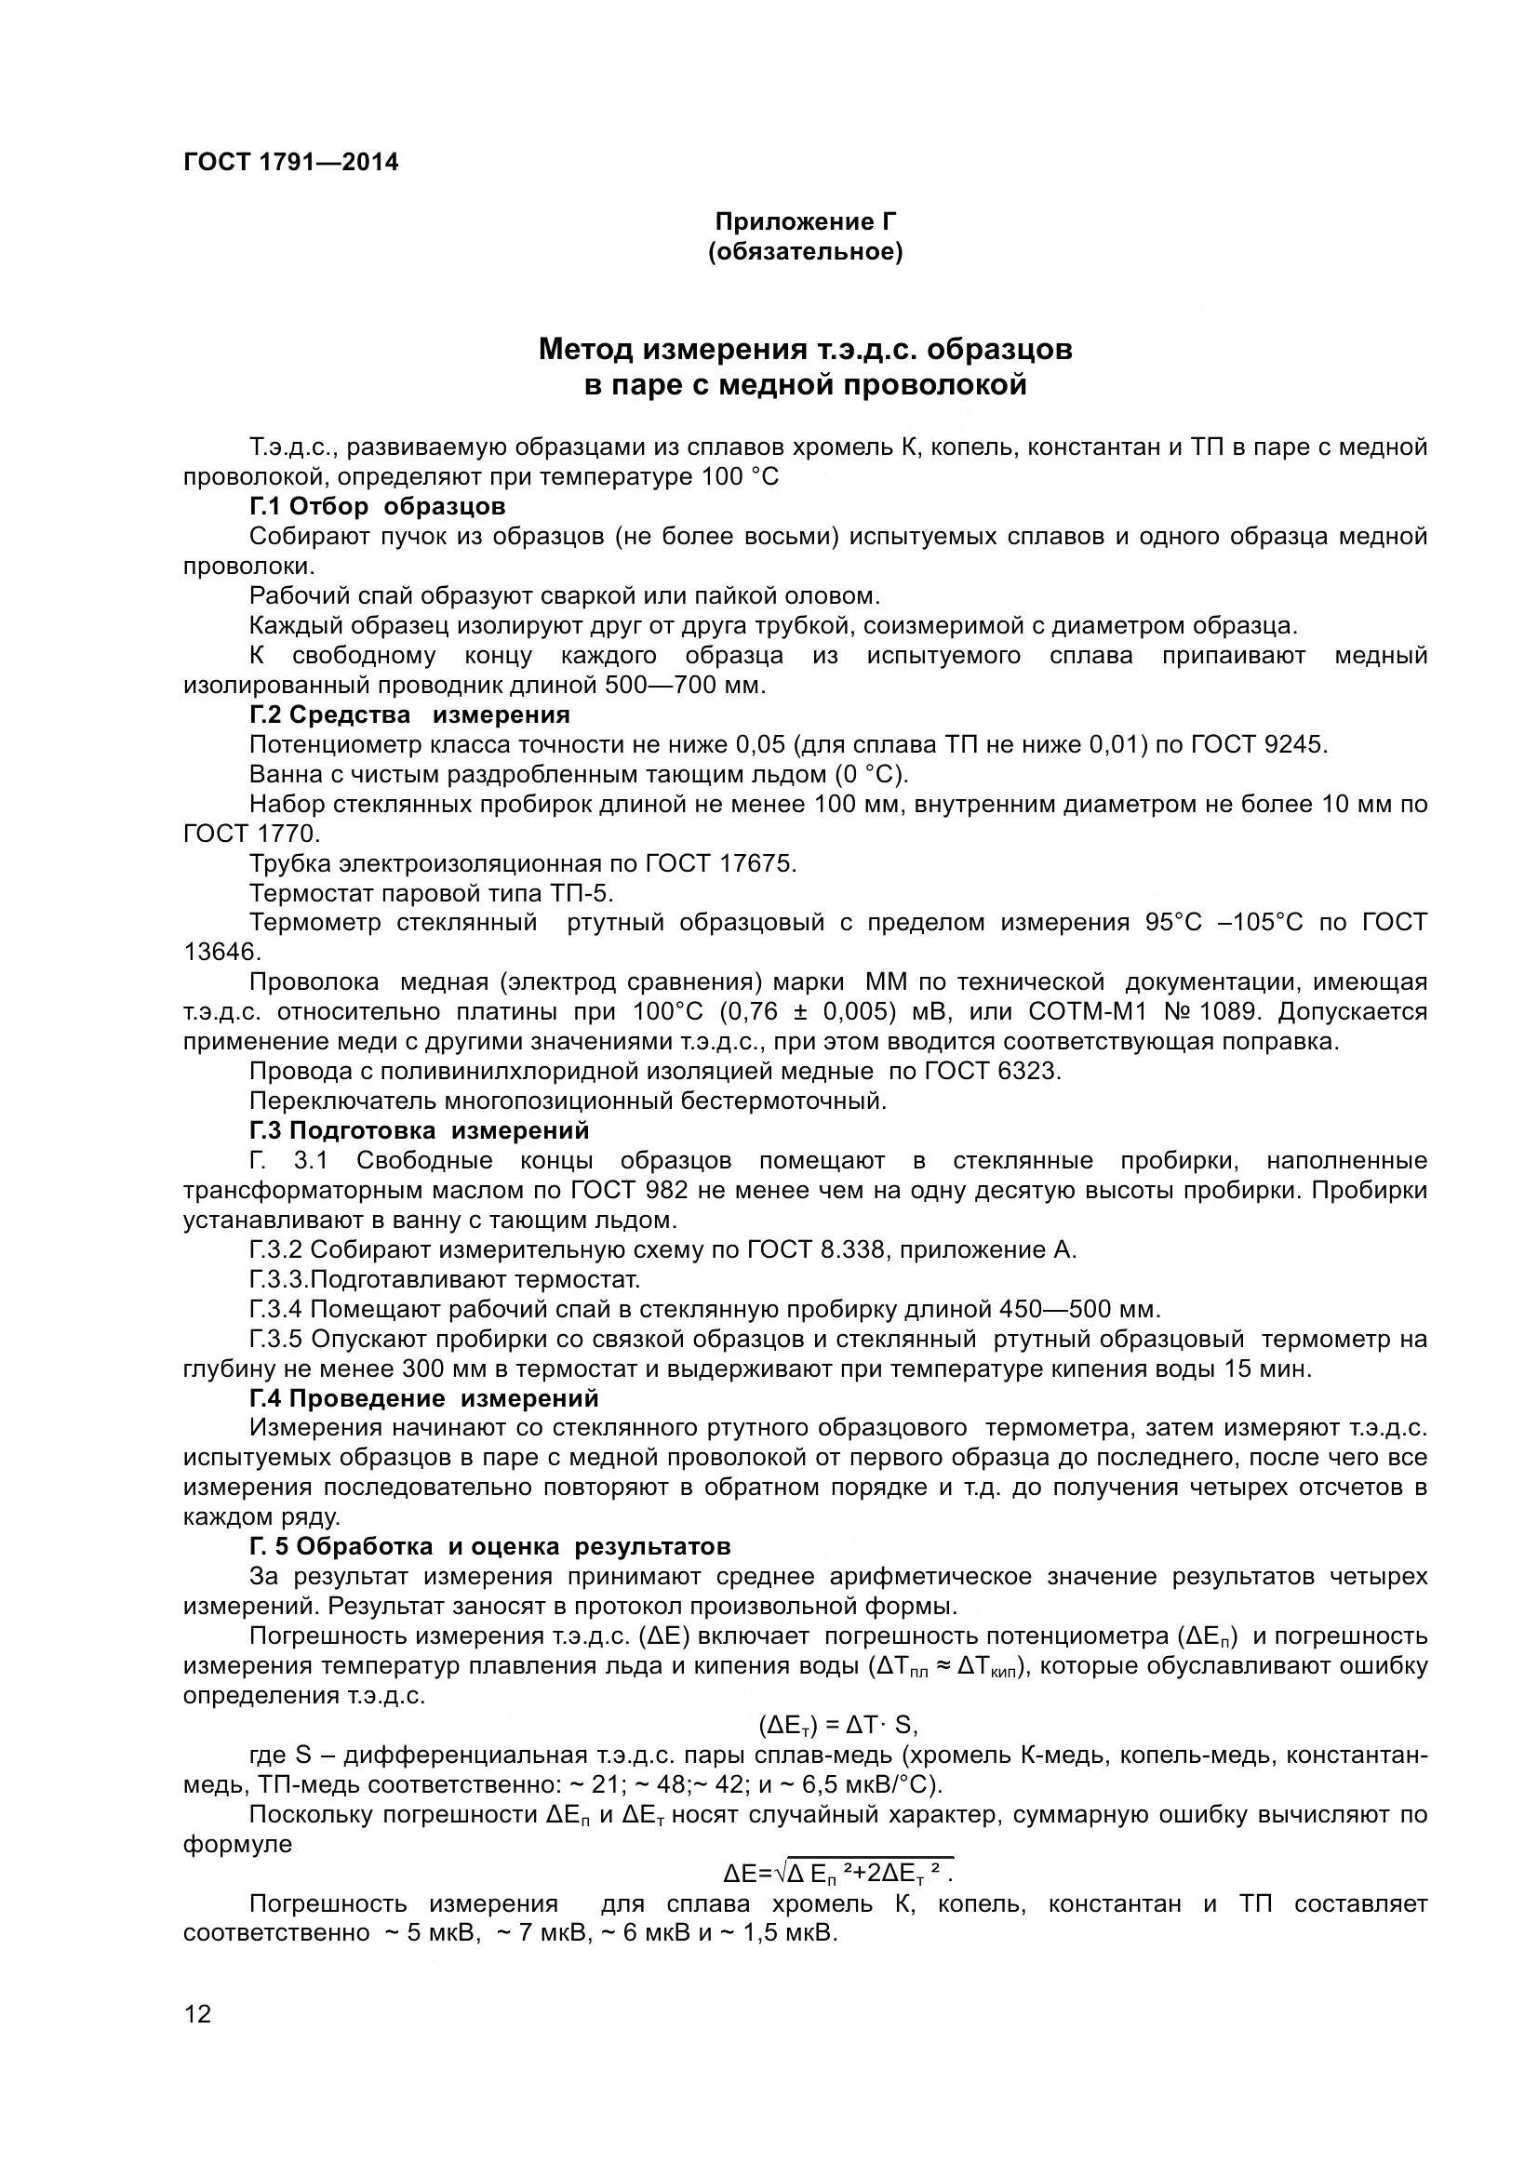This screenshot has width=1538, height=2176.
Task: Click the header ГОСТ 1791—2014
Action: [x=291, y=162]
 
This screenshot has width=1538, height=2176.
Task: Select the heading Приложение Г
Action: [x=806, y=221]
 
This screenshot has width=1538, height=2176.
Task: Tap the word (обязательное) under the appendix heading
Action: [x=806, y=253]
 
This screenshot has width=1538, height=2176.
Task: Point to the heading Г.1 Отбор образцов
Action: [x=377, y=506]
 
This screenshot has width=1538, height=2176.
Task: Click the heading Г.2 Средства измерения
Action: [x=409, y=714]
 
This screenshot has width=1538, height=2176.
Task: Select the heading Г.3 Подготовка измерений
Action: [x=419, y=1130]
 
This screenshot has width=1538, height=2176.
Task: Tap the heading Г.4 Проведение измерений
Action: [x=423, y=1398]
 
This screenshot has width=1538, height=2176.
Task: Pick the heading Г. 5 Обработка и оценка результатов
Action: [x=490, y=1547]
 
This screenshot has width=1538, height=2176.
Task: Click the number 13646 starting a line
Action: [x=221, y=952]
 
